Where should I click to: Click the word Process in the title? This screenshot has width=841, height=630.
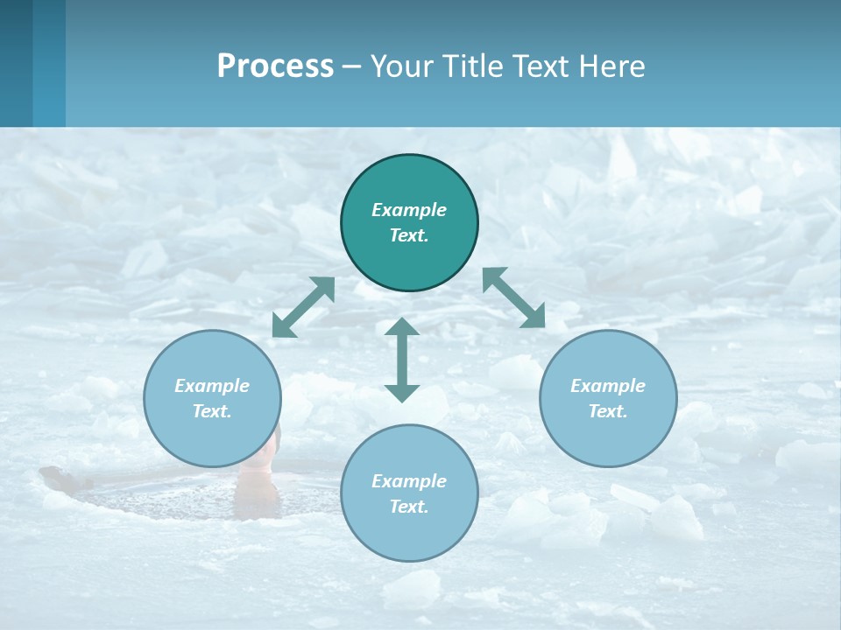click(275, 66)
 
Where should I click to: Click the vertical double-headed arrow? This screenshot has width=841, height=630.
click(402, 360)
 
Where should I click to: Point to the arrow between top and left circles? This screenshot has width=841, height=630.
click(303, 307)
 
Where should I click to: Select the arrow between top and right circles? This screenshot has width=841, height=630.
click(513, 297)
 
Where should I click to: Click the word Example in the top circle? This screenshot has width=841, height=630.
click(409, 210)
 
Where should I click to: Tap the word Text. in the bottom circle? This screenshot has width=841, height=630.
click(409, 507)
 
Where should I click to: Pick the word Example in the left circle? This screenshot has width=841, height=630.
click(212, 386)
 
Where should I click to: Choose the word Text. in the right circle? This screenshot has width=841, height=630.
click(608, 411)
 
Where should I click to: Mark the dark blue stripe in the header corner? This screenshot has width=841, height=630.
click(16, 63)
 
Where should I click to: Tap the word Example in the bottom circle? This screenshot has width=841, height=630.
click(409, 481)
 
